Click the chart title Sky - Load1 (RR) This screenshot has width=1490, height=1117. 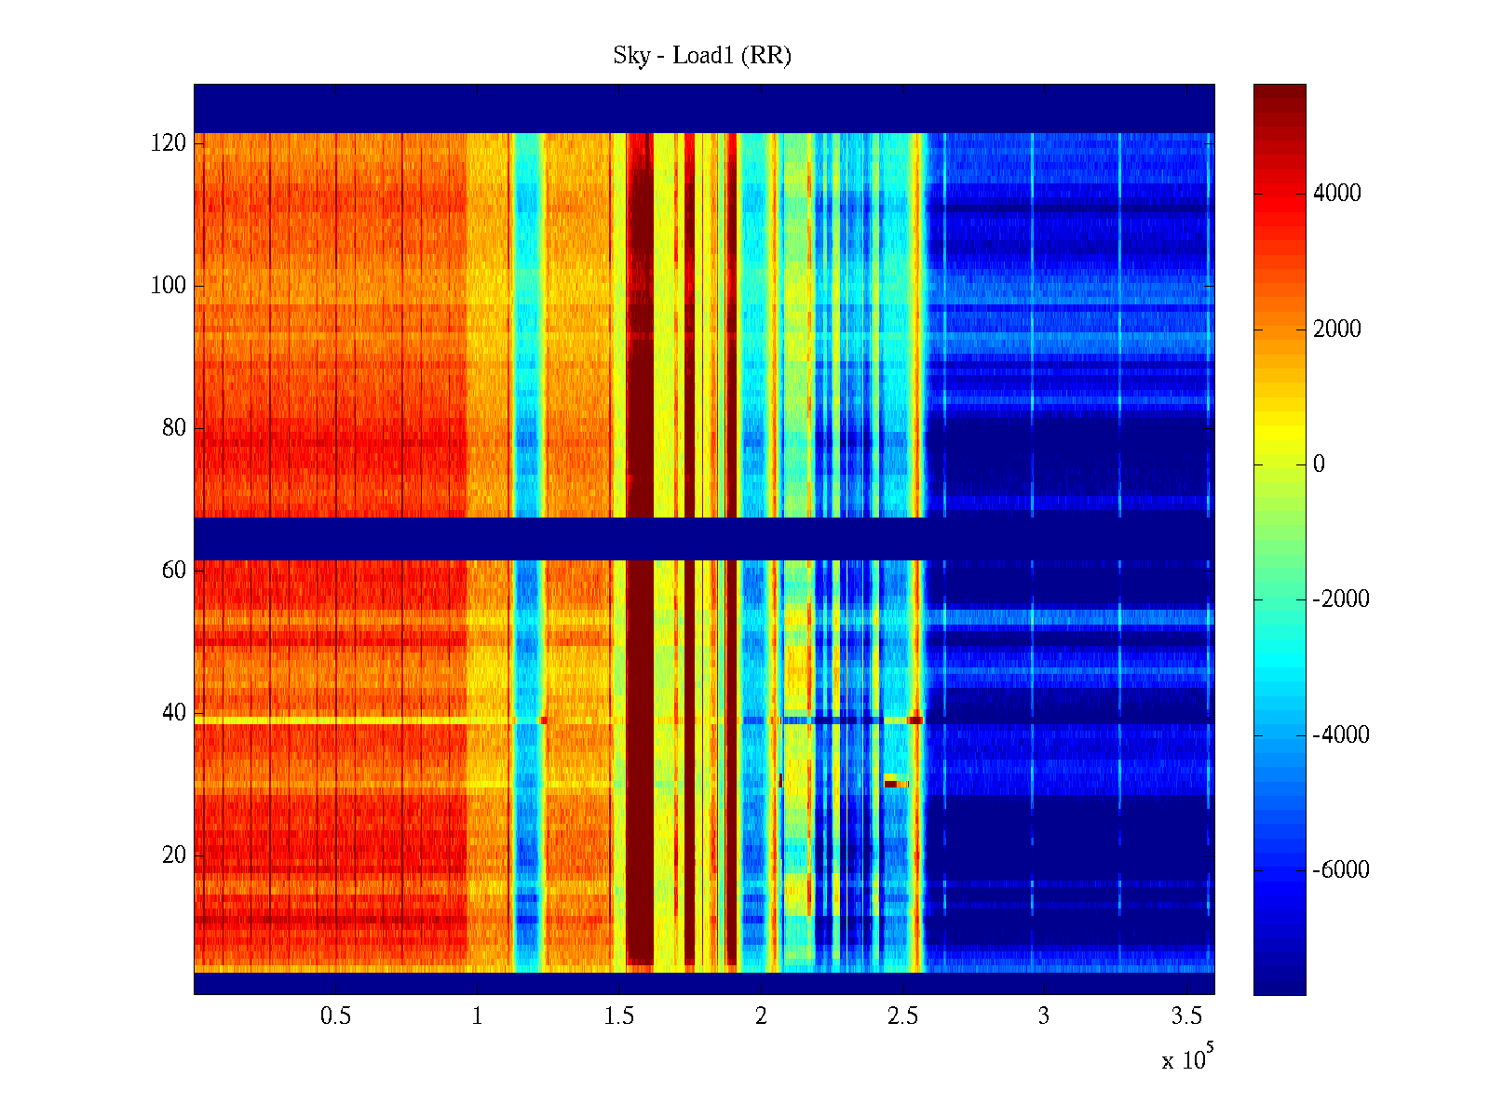(x=702, y=56)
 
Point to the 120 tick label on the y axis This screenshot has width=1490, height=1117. (x=169, y=143)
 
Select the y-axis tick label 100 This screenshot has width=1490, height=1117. (x=169, y=286)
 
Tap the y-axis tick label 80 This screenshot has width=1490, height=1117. (x=174, y=428)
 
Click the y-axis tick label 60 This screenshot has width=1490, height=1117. (x=174, y=571)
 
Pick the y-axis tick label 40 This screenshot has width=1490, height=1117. (x=174, y=713)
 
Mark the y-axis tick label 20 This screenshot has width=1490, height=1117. (x=174, y=855)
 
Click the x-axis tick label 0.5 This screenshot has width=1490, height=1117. (x=335, y=1016)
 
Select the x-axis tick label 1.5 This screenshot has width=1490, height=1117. (x=619, y=1016)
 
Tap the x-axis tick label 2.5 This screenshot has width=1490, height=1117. (x=902, y=1016)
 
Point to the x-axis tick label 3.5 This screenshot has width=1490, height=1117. (x=1186, y=1016)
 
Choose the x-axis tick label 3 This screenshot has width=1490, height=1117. (x=1044, y=1016)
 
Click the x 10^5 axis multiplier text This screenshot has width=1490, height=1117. (x=1187, y=1059)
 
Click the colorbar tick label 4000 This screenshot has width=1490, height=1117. (x=1336, y=194)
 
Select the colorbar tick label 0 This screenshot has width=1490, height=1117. (x=1319, y=464)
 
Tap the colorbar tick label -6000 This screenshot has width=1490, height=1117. (x=1340, y=870)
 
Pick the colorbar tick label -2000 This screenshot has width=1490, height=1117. (x=1340, y=599)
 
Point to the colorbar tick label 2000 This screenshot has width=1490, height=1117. (x=1336, y=330)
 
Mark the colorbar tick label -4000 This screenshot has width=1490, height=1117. (x=1340, y=735)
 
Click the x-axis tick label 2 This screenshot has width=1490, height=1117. (x=761, y=1016)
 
